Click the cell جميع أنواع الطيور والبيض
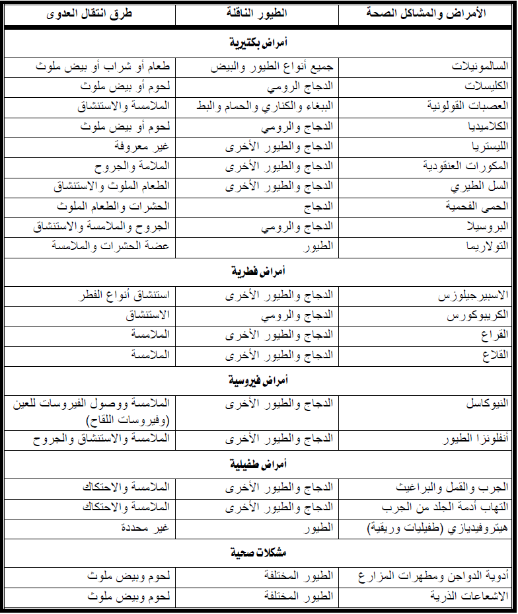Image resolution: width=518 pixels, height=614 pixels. click(x=273, y=67)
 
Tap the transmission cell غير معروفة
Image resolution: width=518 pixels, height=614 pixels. click(x=145, y=146)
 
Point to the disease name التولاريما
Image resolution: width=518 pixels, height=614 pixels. click(x=486, y=246)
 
